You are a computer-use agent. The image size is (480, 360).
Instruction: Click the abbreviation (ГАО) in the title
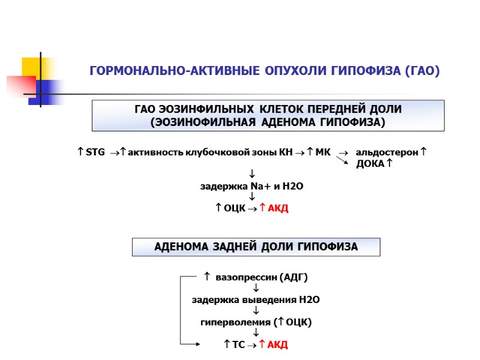coord(423,71)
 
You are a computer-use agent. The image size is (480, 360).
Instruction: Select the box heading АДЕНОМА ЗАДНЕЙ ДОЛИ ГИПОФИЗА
coord(256,247)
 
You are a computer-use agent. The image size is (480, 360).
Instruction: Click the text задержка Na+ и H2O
coord(251,187)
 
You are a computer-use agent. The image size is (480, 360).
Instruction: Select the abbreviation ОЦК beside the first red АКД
coord(235,208)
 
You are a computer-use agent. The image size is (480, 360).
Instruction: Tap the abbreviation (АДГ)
coord(294,277)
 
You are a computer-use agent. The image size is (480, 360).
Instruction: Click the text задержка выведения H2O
coord(251,299)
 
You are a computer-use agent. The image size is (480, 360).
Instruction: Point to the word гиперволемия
coord(234,322)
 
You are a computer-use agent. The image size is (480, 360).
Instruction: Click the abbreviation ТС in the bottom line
coord(239,344)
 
